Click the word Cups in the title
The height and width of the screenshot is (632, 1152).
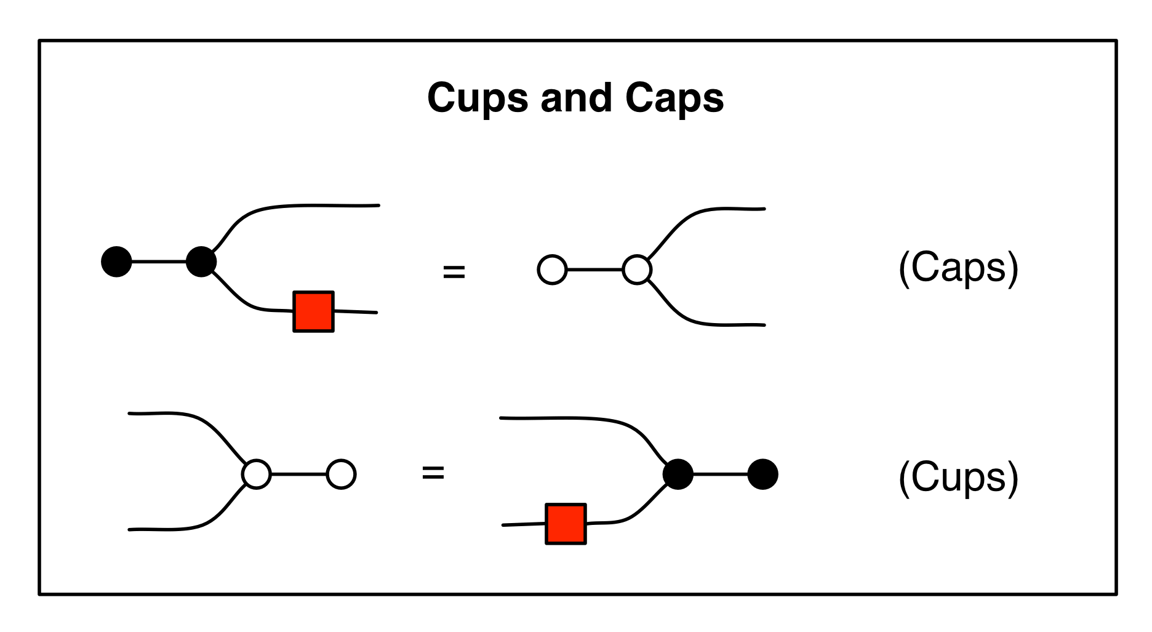[x=478, y=98]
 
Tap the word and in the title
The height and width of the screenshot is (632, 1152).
[x=576, y=98]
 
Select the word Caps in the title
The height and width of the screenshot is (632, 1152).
[x=674, y=98]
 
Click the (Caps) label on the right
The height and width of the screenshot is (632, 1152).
[x=958, y=269]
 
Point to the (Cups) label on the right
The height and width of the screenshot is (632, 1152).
[x=958, y=478]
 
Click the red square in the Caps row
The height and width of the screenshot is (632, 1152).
[x=313, y=311]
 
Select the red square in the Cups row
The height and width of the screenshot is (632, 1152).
[x=566, y=524]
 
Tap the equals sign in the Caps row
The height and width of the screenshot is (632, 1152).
[x=454, y=271]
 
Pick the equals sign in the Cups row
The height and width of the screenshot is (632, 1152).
[x=433, y=473]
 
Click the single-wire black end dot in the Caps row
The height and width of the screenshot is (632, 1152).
[x=116, y=262]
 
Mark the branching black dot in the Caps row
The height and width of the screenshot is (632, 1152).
[x=201, y=262]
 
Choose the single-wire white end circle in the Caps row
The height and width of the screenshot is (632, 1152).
[x=552, y=270]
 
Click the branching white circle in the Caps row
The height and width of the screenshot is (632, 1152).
[x=637, y=270]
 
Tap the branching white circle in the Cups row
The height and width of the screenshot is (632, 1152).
[x=257, y=474]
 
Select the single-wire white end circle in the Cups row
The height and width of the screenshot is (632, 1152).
[x=341, y=474]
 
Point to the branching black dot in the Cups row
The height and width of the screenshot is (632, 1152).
[x=678, y=474]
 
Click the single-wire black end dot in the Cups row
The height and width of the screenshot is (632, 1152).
[x=763, y=474]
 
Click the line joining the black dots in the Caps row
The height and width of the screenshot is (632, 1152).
[x=159, y=262]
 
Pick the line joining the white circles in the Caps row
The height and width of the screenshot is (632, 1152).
[x=594, y=270]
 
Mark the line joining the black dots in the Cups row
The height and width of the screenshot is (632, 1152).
[x=721, y=474]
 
